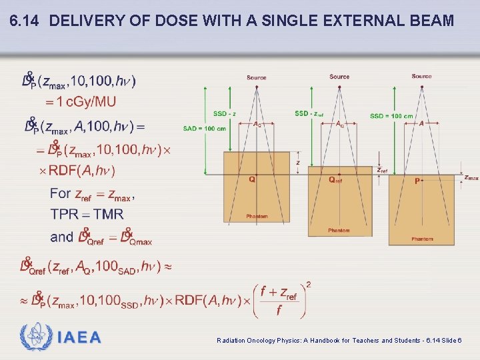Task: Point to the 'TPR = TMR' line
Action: [87, 215]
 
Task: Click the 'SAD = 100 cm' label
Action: [204, 128]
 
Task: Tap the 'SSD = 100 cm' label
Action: [391, 116]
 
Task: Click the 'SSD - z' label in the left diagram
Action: [224, 113]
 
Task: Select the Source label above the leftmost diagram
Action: [256, 78]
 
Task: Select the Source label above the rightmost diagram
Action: [421, 77]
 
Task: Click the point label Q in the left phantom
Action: [251, 179]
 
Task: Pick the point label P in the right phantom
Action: [417, 181]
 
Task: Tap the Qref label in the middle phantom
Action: [335, 179]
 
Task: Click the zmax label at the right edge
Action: [471, 178]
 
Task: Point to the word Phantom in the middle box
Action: [339, 231]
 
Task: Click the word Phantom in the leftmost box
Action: [257, 217]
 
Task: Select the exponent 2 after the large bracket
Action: [308, 285]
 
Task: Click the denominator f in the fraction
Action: [279, 311]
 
